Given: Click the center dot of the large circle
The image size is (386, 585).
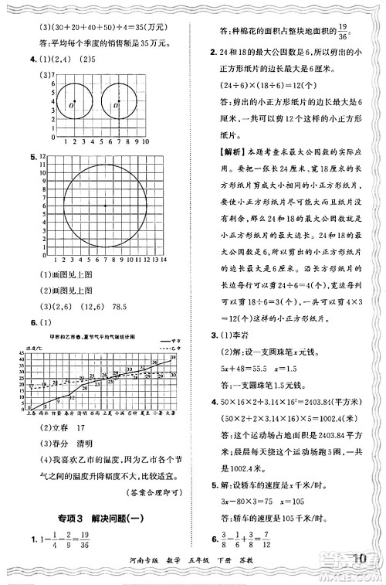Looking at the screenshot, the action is pyautogui.click(x=105, y=206).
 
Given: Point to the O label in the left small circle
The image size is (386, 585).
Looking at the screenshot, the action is pyautogui.click(x=70, y=105).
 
